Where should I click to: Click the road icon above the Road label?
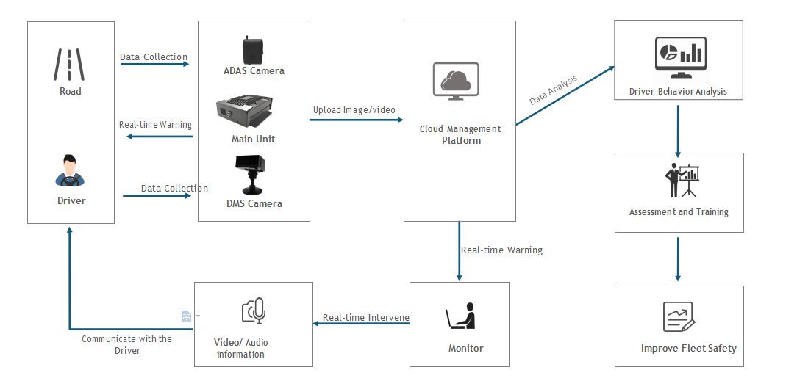click(x=70, y=65)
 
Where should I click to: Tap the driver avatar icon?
click(x=71, y=170)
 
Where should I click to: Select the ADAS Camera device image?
click(x=254, y=50)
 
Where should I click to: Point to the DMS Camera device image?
click(x=253, y=175)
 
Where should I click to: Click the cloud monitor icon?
click(x=456, y=81)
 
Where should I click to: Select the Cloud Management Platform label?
click(x=460, y=134)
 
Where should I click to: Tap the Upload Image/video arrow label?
click(x=354, y=110)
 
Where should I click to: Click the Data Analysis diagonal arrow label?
click(x=554, y=89)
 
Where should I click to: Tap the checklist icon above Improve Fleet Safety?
click(x=679, y=316)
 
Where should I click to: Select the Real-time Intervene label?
click(x=365, y=318)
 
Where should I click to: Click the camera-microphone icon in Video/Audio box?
click(x=254, y=311)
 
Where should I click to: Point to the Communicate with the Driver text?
click(x=126, y=344)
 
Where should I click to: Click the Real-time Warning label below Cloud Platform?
click(x=501, y=250)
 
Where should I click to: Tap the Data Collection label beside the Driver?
click(x=174, y=189)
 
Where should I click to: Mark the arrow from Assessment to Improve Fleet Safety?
click(x=678, y=258)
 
